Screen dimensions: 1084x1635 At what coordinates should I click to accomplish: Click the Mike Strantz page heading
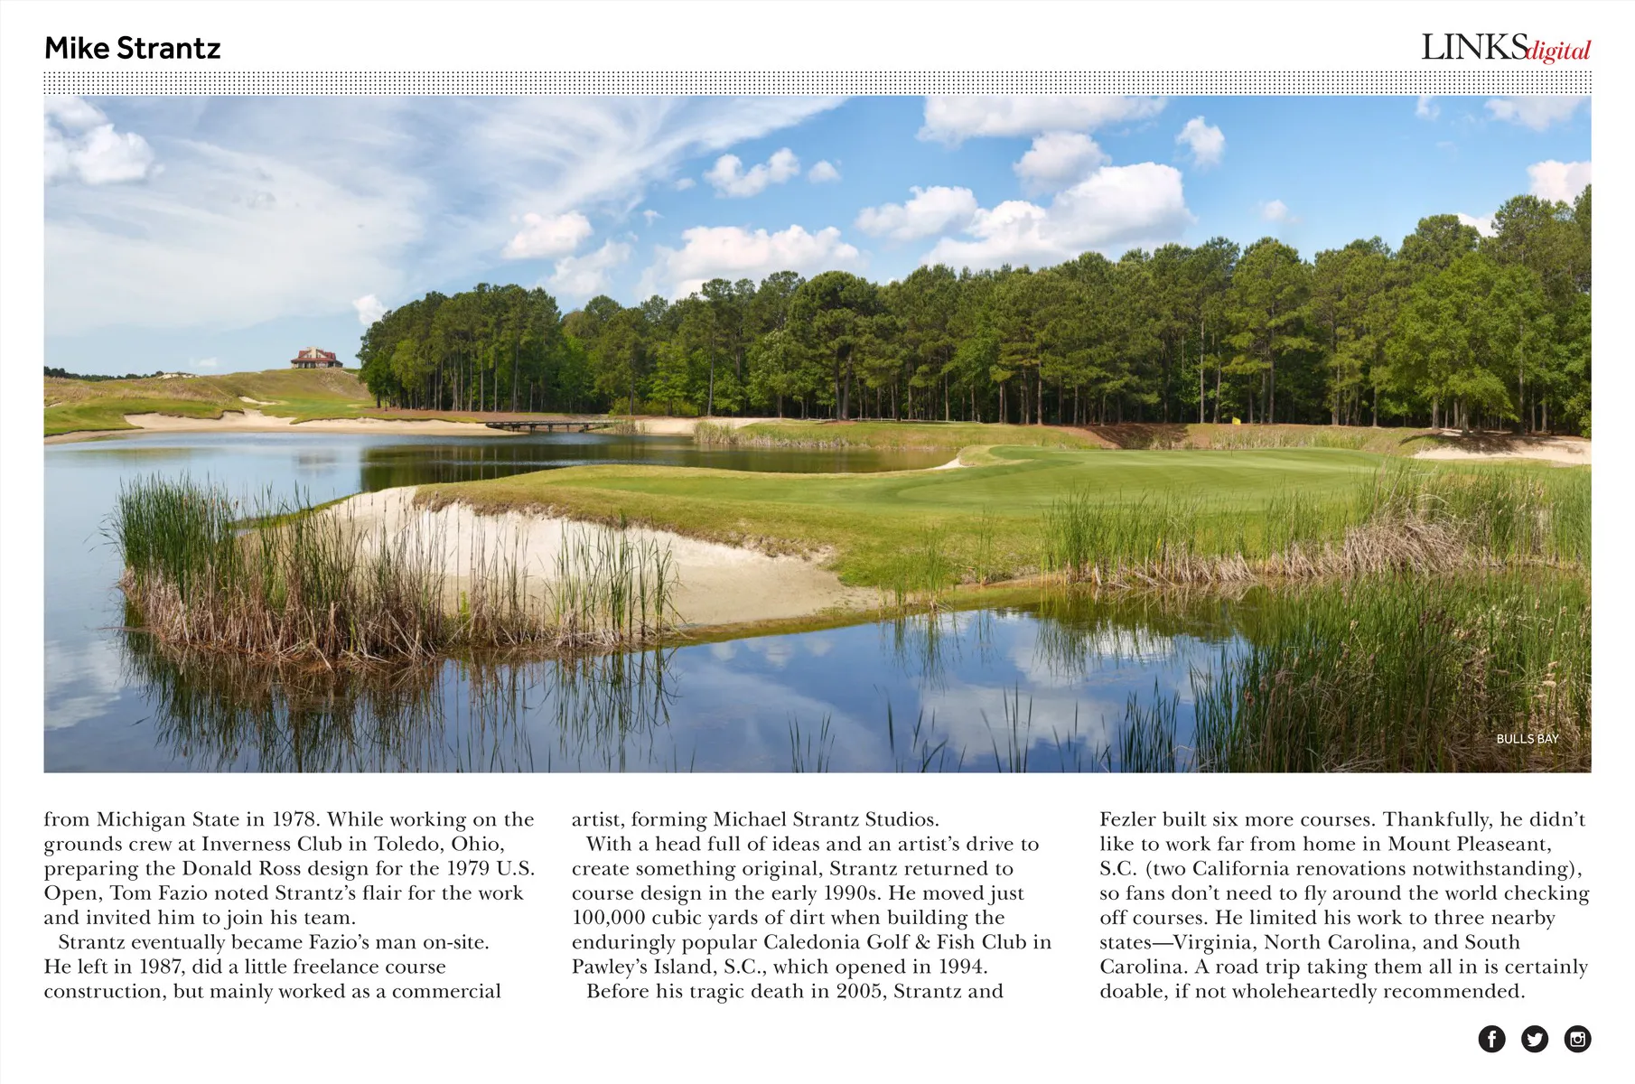pyautogui.click(x=133, y=49)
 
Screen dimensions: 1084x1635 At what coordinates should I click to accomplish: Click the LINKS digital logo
pyautogui.click(x=1505, y=48)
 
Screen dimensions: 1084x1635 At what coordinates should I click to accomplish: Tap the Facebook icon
pyautogui.click(x=1491, y=1039)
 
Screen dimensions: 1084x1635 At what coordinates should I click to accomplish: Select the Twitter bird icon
pyautogui.click(x=1535, y=1039)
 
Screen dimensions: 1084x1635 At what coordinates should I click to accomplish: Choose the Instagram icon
pyautogui.click(x=1577, y=1039)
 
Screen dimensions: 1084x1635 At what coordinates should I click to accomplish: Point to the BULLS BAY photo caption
pyautogui.click(x=1528, y=739)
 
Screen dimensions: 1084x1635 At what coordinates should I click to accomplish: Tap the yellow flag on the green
pyautogui.click(x=1237, y=420)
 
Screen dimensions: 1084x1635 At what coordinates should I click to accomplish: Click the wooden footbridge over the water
pyautogui.click(x=547, y=424)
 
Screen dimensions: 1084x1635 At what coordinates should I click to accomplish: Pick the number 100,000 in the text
pyautogui.click(x=608, y=918)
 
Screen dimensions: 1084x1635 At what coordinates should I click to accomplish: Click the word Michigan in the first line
pyautogui.click(x=140, y=819)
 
